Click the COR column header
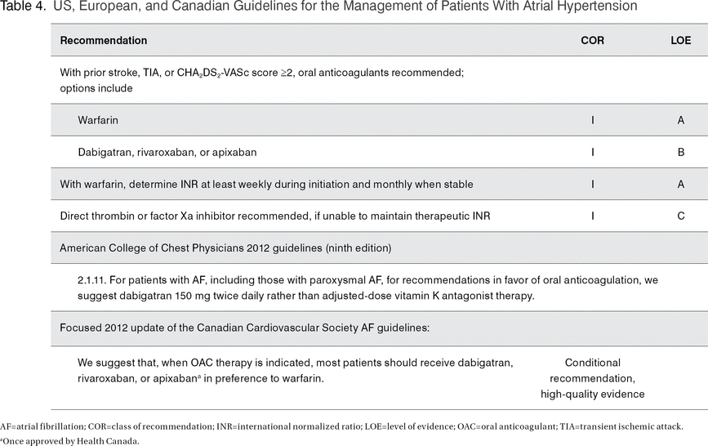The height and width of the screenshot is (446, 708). click(592, 40)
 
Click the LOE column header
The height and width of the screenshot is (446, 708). click(680, 40)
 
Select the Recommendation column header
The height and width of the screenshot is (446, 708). click(104, 40)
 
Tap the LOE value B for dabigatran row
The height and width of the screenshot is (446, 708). click(680, 152)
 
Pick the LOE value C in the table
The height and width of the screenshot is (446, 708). click(680, 216)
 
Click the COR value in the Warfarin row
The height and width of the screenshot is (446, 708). click(593, 120)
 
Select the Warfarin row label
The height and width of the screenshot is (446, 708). click(98, 120)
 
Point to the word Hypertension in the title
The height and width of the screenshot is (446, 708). click(597, 7)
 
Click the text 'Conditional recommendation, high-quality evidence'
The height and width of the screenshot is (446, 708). click(592, 378)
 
